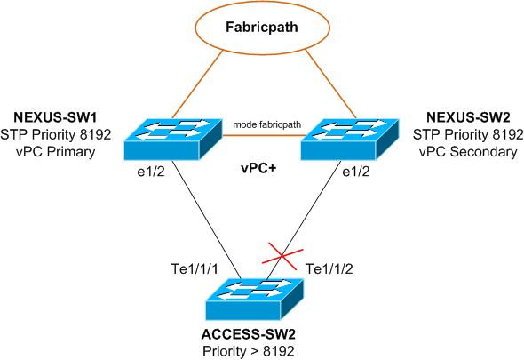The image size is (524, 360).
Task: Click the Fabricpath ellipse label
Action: [x=262, y=27]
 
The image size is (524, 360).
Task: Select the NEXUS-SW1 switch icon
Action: [x=173, y=140]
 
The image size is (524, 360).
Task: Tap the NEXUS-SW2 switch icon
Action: [x=350, y=140]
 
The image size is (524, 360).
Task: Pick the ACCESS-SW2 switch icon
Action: [x=255, y=299]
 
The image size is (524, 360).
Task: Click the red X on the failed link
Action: [x=282, y=257]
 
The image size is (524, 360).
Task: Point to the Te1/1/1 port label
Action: [x=195, y=268]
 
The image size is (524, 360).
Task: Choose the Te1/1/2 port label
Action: [x=329, y=268]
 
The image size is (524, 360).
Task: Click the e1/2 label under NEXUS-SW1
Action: [x=151, y=172]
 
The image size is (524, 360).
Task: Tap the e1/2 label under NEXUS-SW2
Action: [x=356, y=172]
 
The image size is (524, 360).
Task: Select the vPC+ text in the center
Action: [x=258, y=168]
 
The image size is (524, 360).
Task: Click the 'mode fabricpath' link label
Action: [x=267, y=124]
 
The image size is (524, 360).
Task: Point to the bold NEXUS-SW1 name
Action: [x=55, y=117]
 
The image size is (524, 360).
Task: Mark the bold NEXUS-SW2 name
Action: [x=469, y=117]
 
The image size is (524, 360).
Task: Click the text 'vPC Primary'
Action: [x=55, y=152]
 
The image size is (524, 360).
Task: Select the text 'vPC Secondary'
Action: [x=468, y=152]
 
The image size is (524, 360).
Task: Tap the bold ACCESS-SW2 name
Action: [x=249, y=334]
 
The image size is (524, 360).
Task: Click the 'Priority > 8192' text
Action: [x=249, y=351]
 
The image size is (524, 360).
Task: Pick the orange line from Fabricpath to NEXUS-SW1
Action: [x=197, y=84]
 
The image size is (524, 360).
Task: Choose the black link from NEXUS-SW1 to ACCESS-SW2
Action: [x=208, y=220]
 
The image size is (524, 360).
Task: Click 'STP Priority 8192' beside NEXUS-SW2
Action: [x=468, y=134]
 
